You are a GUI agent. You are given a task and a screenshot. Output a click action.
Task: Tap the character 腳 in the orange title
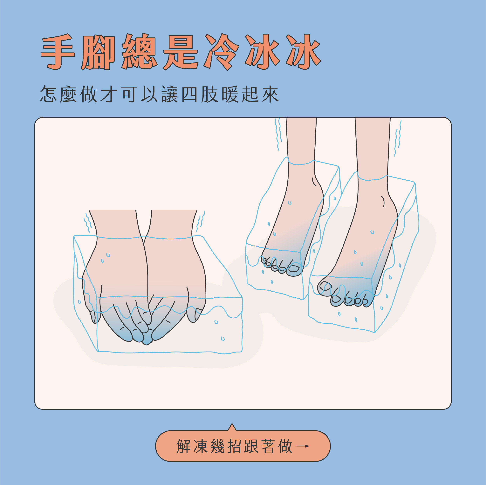(98, 52)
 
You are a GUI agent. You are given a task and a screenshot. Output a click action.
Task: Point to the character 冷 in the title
(222, 52)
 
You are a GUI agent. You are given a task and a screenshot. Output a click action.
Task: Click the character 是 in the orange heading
(180, 52)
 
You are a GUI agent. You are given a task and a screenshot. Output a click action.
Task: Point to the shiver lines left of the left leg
(278, 134)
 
